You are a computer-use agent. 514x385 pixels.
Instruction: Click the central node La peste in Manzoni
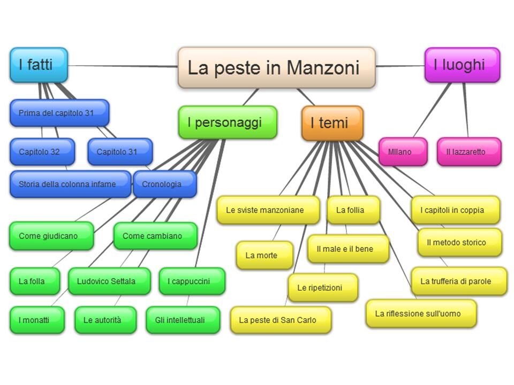tap(276, 67)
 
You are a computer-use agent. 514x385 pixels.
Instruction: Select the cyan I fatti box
tap(39, 65)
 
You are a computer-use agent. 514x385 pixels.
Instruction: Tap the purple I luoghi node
tap(462, 65)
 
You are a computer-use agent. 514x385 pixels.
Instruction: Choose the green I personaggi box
tap(228, 122)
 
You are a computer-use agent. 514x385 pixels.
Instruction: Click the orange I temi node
tap(332, 123)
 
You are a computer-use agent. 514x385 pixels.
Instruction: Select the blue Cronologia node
tap(164, 184)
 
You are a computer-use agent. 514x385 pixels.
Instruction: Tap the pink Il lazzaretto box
tap(468, 152)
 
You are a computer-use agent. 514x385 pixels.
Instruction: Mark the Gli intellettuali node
tap(183, 320)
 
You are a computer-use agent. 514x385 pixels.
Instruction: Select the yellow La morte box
tap(264, 256)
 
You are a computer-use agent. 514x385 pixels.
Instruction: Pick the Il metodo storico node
tap(459, 242)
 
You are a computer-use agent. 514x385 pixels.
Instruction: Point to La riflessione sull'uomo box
tap(421, 314)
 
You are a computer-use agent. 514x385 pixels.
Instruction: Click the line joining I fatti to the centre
tap(123, 66)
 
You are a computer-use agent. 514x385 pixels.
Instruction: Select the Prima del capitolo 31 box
tap(59, 113)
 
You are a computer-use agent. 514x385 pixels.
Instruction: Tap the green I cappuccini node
tap(192, 281)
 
